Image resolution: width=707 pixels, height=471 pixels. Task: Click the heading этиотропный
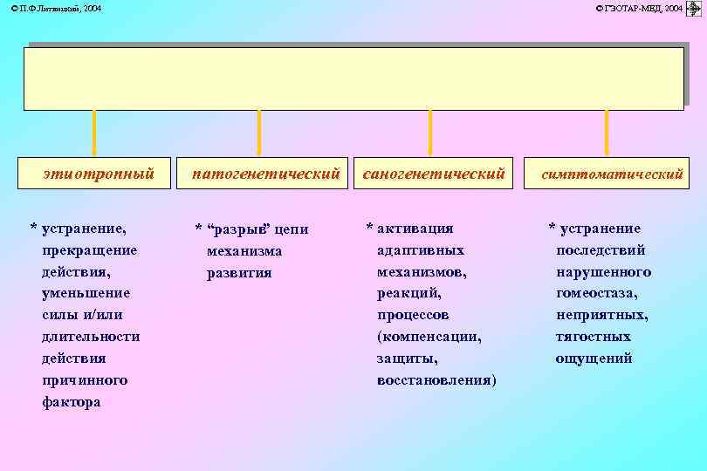click(x=99, y=174)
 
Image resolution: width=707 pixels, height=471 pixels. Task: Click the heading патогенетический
click(x=265, y=174)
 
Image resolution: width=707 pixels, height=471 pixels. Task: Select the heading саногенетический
click(x=433, y=174)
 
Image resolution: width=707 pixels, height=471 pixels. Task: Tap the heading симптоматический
click(x=612, y=174)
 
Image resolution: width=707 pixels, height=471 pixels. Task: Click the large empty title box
click(x=353, y=78)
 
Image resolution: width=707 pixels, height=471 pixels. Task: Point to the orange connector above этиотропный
click(x=94, y=133)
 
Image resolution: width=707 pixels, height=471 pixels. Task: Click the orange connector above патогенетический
click(x=258, y=133)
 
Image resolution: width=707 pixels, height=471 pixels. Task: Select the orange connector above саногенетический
click(x=429, y=133)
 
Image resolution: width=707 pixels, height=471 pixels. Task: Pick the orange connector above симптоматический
click(x=606, y=133)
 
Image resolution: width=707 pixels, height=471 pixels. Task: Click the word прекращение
click(x=89, y=250)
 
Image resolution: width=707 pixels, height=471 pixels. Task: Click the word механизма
click(x=244, y=251)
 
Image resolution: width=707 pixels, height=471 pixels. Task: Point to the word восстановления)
click(x=436, y=380)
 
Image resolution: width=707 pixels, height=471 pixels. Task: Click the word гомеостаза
click(x=596, y=293)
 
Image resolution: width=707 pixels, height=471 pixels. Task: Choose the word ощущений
click(x=594, y=358)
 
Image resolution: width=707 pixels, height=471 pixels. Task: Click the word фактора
click(x=72, y=402)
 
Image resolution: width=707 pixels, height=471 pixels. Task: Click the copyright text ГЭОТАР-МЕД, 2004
click(x=639, y=8)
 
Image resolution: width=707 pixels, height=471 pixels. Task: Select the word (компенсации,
click(x=429, y=337)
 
